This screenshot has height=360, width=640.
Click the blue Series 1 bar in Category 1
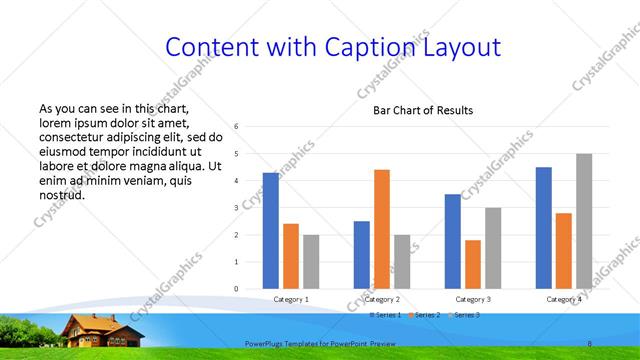click(x=271, y=230)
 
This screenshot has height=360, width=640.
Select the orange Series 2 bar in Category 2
click(x=382, y=229)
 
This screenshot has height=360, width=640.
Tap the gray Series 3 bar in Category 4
click(x=584, y=221)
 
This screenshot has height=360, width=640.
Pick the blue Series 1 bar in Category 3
click(x=453, y=241)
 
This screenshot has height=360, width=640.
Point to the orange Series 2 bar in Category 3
click(x=473, y=264)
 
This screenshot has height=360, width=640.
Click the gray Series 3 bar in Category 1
click(x=311, y=261)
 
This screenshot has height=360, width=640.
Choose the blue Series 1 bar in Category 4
click(x=544, y=227)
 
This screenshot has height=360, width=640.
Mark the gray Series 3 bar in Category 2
click(x=402, y=261)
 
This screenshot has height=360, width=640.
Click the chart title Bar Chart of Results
click(x=423, y=110)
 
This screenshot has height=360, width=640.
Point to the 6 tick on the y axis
click(x=236, y=127)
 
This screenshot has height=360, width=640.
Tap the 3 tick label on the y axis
click(x=236, y=208)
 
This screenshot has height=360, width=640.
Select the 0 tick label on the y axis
click(x=236, y=289)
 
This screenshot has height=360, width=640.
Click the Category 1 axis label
click(x=291, y=299)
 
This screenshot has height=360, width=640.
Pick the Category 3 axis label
click(x=473, y=299)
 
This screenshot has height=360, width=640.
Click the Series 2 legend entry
click(x=424, y=314)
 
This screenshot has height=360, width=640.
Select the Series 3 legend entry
click(x=466, y=314)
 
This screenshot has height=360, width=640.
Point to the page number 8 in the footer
click(x=590, y=343)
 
